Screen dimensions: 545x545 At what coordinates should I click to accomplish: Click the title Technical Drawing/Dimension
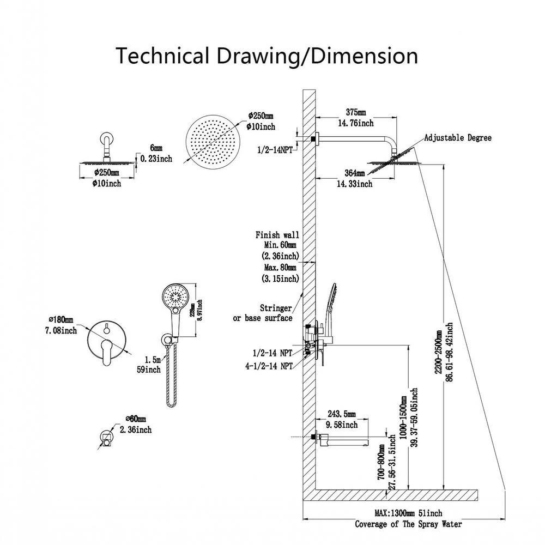click(267, 56)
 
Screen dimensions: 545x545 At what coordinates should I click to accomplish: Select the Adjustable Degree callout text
click(458, 138)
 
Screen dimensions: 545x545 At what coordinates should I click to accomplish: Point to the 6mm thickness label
click(156, 148)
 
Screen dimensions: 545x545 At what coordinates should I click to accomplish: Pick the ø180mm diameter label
click(60, 319)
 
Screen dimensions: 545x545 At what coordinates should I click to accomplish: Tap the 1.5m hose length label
click(153, 360)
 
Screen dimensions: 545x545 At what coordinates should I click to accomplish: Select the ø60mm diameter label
click(136, 419)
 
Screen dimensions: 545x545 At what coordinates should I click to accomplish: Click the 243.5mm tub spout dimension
click(342, 415)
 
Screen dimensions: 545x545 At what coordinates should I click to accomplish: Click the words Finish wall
click(277, 235)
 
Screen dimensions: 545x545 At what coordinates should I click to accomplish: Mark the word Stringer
click(275, 308)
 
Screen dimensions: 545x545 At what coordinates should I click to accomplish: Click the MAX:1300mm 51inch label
click(408, 513)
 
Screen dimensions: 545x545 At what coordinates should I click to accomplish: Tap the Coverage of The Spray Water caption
click(408, 524)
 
